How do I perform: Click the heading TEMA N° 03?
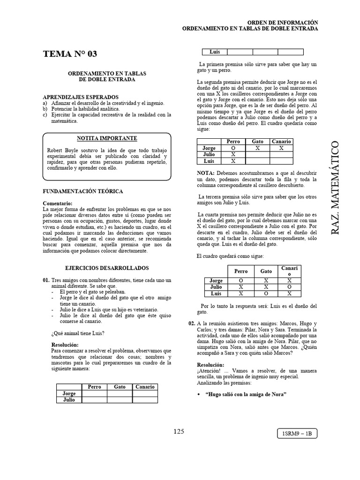point(70,54)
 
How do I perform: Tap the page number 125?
point(179,432)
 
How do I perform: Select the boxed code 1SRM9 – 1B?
point(298,434)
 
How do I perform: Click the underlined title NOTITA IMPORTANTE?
point(107,138)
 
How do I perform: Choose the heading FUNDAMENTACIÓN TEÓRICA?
point(83,191)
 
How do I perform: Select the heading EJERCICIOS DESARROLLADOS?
point(107,268)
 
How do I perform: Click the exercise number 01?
point(46,280)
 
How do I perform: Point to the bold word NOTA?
point(205,173)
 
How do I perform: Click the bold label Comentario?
point(58,203)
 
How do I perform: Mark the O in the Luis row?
point(266,293)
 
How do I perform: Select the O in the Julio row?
point(290,287)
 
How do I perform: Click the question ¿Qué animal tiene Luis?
point(77,333)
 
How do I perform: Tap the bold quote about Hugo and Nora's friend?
point(246,393)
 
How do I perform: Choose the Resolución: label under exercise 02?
point(210,365)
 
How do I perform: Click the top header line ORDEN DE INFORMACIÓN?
point(282,22)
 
